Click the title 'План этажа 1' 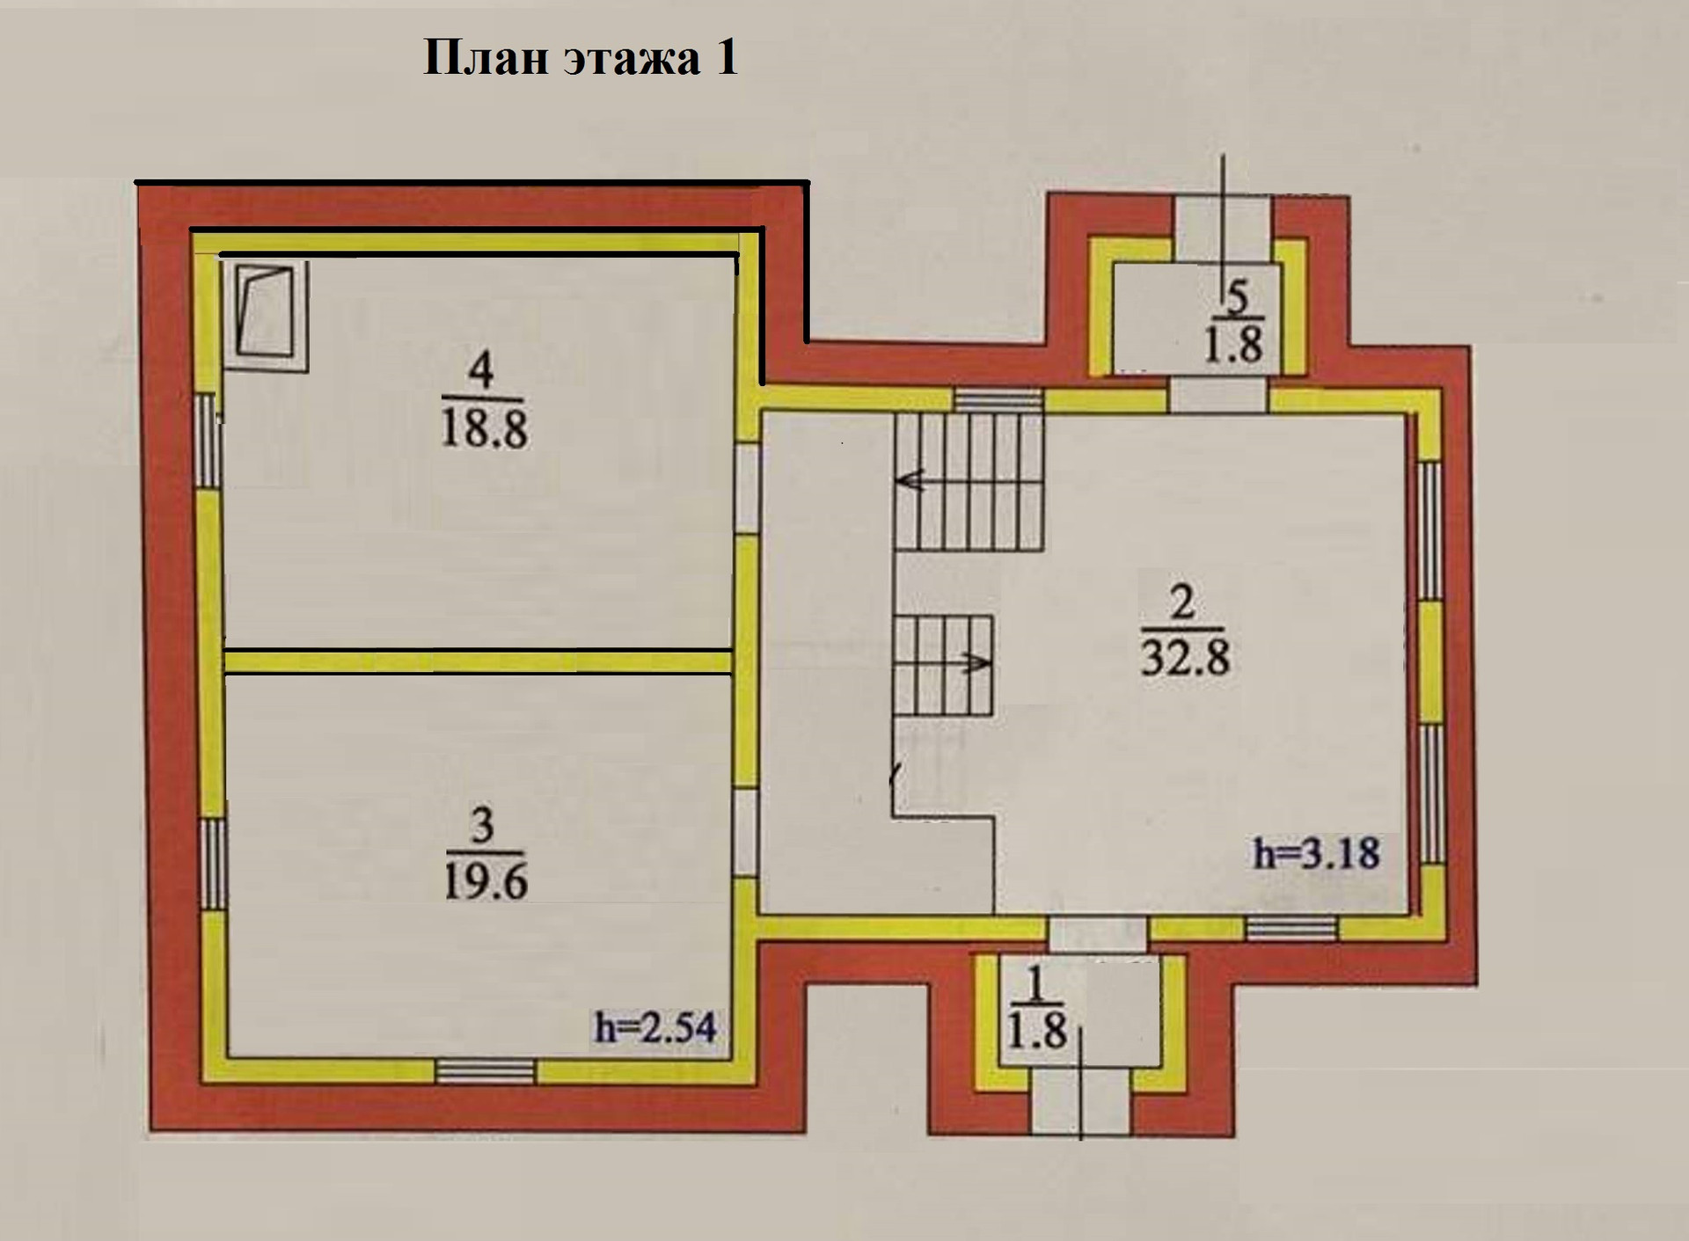click(x=581, y=58)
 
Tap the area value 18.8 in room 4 click(x=484, y=431)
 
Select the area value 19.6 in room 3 click(x=485, y=880)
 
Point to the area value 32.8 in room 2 click(x=1185, y=655)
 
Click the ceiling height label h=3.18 click(x=1316, y=853)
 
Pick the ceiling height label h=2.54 click(x=655, y=1026)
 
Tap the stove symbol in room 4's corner click(x=267, y=314)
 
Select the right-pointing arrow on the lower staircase click(x=976, y=662)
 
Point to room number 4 click(x=480, y=370)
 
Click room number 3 click(x=483, y=825)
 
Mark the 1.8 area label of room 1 click(x=1037, y=1030)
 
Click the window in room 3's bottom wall click(x=486, y=1069)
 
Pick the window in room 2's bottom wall click(x=1291, y=928)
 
